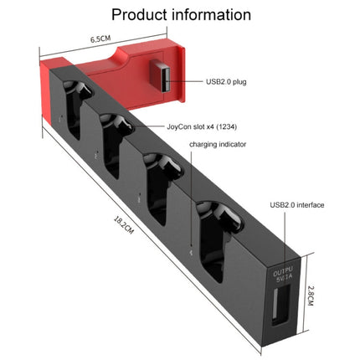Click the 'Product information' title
[x=181, y=14]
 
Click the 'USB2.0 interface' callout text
[x=297, y=204]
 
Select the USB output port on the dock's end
[x=280, y=303]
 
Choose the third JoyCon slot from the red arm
[x=163, y=179]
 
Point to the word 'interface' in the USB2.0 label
[x=310, y=204]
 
